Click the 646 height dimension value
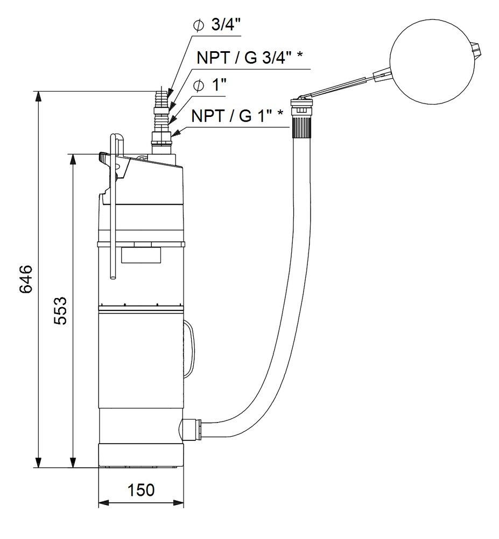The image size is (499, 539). point(26,279)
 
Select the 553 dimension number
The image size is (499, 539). point(61,310)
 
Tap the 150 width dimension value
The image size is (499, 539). point(141,490)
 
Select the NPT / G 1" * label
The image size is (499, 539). point(237,117)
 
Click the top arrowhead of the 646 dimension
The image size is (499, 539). point(38,96)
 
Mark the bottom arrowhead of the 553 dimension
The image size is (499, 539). point(72,462)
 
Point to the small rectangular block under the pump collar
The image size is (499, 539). point(142,254)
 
